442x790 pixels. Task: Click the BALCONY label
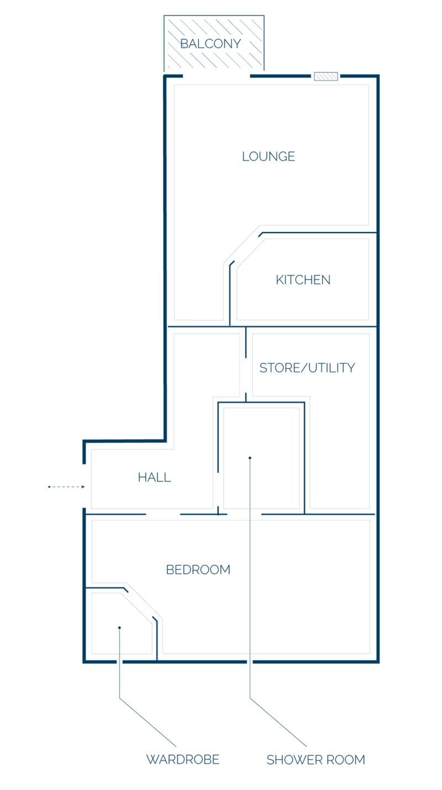pyautogui.click(x=211, y=44)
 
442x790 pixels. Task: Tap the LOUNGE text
pyautogui.click(x=269, y=156)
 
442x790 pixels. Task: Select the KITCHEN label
pyautogui.click(x=303, y=280)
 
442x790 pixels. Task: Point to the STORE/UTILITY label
pyautogui.click(x=307, y=368)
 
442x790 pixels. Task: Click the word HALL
pyautogui.click(x=154, y=477)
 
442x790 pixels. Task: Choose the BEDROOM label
pyautogui.click(x=198, y=570)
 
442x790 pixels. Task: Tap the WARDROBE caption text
pyautogui.click(x=183, y=759)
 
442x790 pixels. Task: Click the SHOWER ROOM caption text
pyautogui.click(x=315, y=760)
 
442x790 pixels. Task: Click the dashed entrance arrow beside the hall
pyautogui.click(x=66, y=487)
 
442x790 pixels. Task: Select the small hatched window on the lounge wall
pyautogui.click(x=326, y=76)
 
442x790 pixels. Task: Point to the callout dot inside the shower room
pyautogui.click(x=250, y=458)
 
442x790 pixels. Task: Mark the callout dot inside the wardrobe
pyautogui.click(x=119, y=627)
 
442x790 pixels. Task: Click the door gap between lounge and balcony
pyautogui.click(x=217, y=76)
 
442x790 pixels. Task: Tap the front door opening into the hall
pyautogui.click(x=84, y=486)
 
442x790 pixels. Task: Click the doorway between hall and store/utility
pyautogui.click(x=246, y=375)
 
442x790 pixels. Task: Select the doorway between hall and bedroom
pyautogui.click(x=163, y=514)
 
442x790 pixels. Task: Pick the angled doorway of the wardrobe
pyautogui.click(x=140, y=603)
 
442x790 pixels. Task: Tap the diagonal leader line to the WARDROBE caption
pyautogui.click(x=148, y=722)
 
